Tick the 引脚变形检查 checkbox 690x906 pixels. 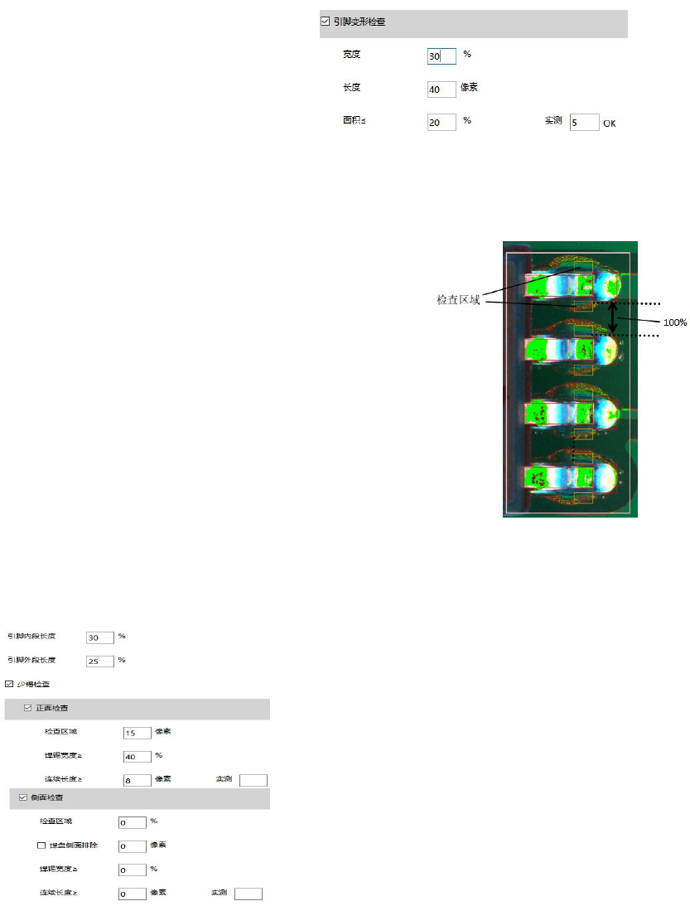[325, 22]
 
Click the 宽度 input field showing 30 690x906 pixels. [442, 56]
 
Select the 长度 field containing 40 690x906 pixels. [442, 89]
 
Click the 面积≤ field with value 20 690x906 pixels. [442, 122]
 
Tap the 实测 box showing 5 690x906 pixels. [584, 122]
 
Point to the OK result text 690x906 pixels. [609, 124]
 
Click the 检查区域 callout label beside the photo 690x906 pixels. [458, 299]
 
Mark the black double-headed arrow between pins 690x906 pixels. [613, 319]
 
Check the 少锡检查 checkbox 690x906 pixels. [9, 685]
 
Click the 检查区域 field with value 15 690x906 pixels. [137, 733]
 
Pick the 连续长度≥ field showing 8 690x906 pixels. [137, 780]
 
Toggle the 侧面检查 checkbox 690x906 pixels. [23, 797]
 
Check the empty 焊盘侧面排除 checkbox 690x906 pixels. [41, 845]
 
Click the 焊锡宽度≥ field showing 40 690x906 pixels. [137, 756]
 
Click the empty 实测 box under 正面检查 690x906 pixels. [253, 780]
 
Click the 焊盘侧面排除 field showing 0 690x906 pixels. [132, 846]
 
